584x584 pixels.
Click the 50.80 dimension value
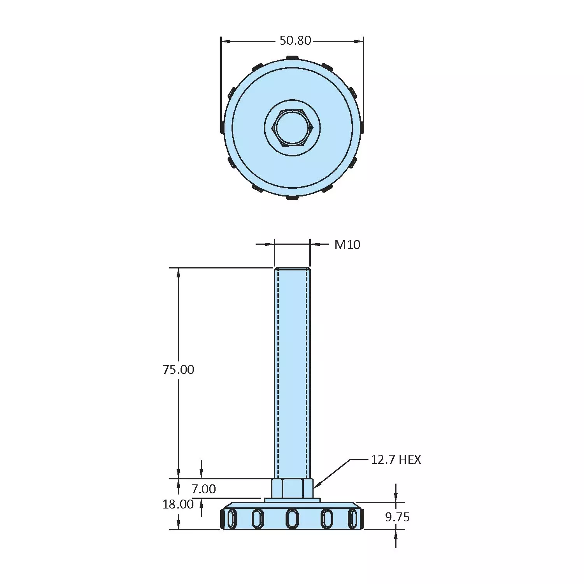[x=295, y=40]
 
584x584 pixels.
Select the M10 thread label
[x=347, y=245]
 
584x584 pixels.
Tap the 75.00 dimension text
[x=178, y=369]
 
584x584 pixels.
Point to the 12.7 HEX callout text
[x=395, y=459]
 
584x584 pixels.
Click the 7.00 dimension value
[x=203, y=489]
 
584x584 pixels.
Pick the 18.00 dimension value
[x=178, y=504]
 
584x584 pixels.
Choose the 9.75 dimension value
[x=397, y=517]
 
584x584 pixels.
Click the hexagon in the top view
[x=293, y=127]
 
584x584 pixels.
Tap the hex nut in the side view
[x=292, y=488]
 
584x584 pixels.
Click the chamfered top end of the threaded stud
[x=292, y=269]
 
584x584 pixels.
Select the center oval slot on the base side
[x=292, y=519]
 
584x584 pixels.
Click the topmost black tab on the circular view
[x=292, y=58]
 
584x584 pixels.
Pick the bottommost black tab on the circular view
[x=292, y=198]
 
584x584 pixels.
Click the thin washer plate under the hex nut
[x=292, y=500]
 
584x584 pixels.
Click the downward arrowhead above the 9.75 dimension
[x=396, y=498]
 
